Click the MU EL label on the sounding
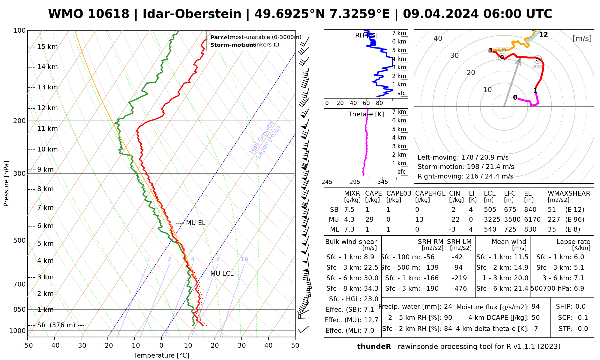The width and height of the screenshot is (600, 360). click(x=196, y=223)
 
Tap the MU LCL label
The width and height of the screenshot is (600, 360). click(x=222, y=274)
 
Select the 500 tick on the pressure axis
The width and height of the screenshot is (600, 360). click(x=19, y=241)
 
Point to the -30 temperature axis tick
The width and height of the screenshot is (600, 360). click(x=81, y=346)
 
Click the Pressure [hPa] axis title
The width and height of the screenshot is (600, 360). click(x=6, y=184)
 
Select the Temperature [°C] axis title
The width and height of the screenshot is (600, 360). click(x=161, y=355)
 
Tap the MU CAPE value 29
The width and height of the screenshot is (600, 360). click(x=369, y=220)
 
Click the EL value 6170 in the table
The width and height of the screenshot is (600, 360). click(x=532, y=220)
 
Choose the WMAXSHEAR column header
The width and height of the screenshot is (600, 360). click(x=569, y=193)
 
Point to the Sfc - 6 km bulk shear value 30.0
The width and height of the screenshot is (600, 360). click(x=371, y=278)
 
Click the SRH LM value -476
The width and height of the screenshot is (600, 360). click(x=459, y=289)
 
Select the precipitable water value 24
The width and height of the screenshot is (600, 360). click(x=448, y=307)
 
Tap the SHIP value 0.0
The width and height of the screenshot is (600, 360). click(x=580, y=307)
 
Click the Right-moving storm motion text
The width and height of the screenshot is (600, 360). click(x=465, y=176)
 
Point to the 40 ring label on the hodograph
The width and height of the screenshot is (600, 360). click(x=438, y=38)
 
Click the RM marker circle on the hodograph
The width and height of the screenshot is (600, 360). click(x=538, y=59)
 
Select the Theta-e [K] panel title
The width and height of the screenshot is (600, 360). click(x=366, y=114)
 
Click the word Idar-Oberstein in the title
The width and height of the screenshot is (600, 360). click(x=192, y=14)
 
